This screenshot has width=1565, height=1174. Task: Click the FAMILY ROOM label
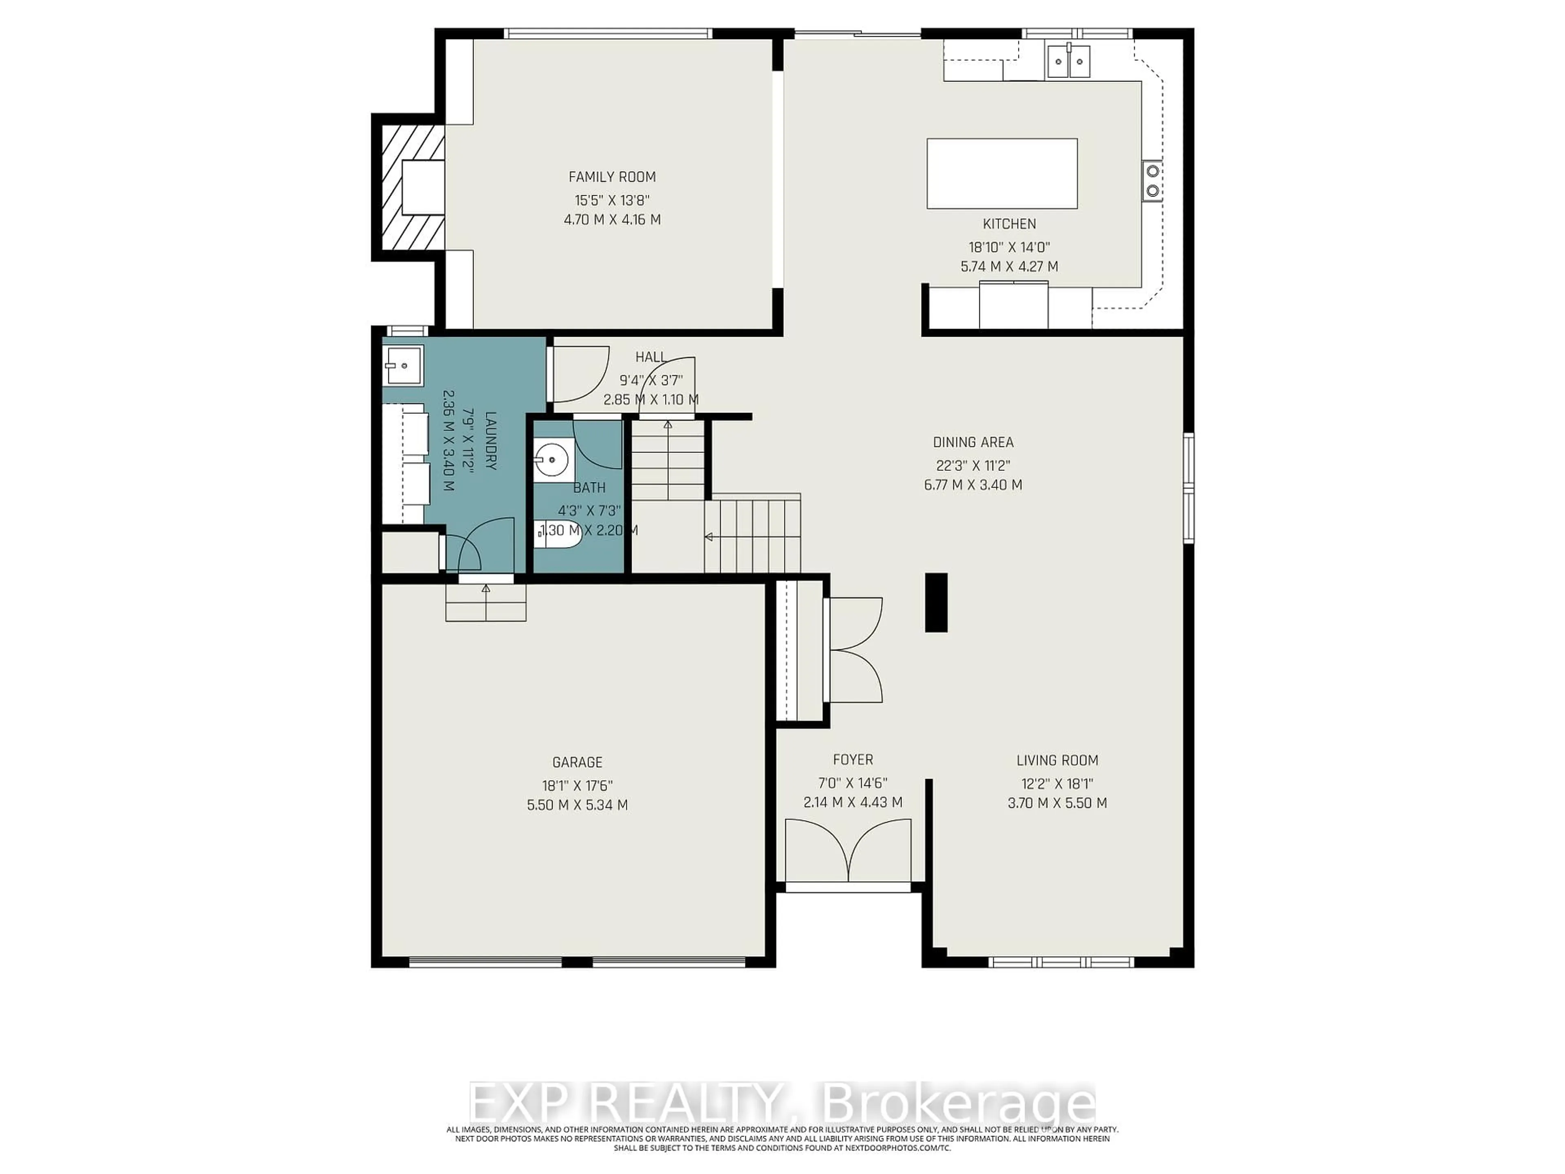[x=612, y=177]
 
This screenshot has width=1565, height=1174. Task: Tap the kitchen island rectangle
[x=1002, y=173]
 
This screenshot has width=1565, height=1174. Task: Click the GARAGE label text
[x=578, y=762]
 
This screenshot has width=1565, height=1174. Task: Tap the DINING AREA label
[x=973, y=442]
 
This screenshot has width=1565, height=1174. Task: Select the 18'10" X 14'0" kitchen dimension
[x=1009, y=248]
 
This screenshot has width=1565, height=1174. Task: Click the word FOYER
[x=853, y=760]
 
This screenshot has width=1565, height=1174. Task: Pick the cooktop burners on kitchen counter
[x=1153, y=181]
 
